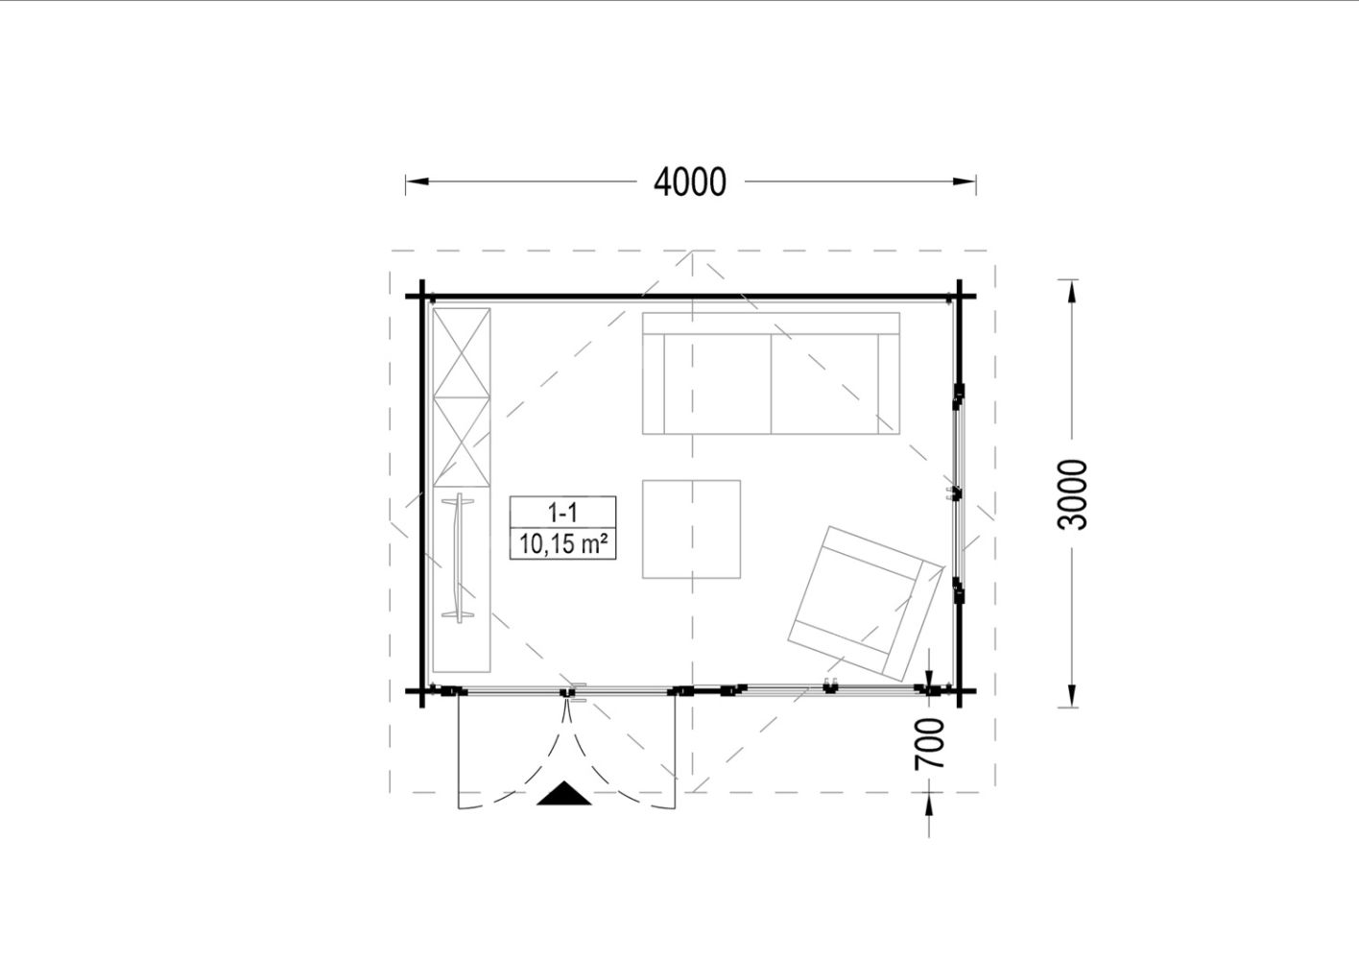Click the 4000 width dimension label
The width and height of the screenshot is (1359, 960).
pos(690,181)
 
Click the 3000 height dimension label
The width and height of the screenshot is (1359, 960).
pos(1072,494)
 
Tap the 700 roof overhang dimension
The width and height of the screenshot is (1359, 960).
pos(929,743)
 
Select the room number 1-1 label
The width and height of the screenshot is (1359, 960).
pos(562,514)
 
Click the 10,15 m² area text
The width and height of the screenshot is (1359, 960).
pos(563,544)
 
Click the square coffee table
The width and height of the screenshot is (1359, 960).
pos(691,529)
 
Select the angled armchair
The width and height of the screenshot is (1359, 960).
pos(866,603)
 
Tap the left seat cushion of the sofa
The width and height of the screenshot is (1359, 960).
pos(717,383)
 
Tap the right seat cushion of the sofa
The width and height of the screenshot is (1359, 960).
pos(824,383)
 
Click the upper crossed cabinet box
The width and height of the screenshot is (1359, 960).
pos(462,353)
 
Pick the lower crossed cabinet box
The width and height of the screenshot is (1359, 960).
pos(462,443)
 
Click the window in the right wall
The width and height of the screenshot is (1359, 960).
pos(958,492)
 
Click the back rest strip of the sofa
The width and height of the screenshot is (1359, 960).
pos(771,324)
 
